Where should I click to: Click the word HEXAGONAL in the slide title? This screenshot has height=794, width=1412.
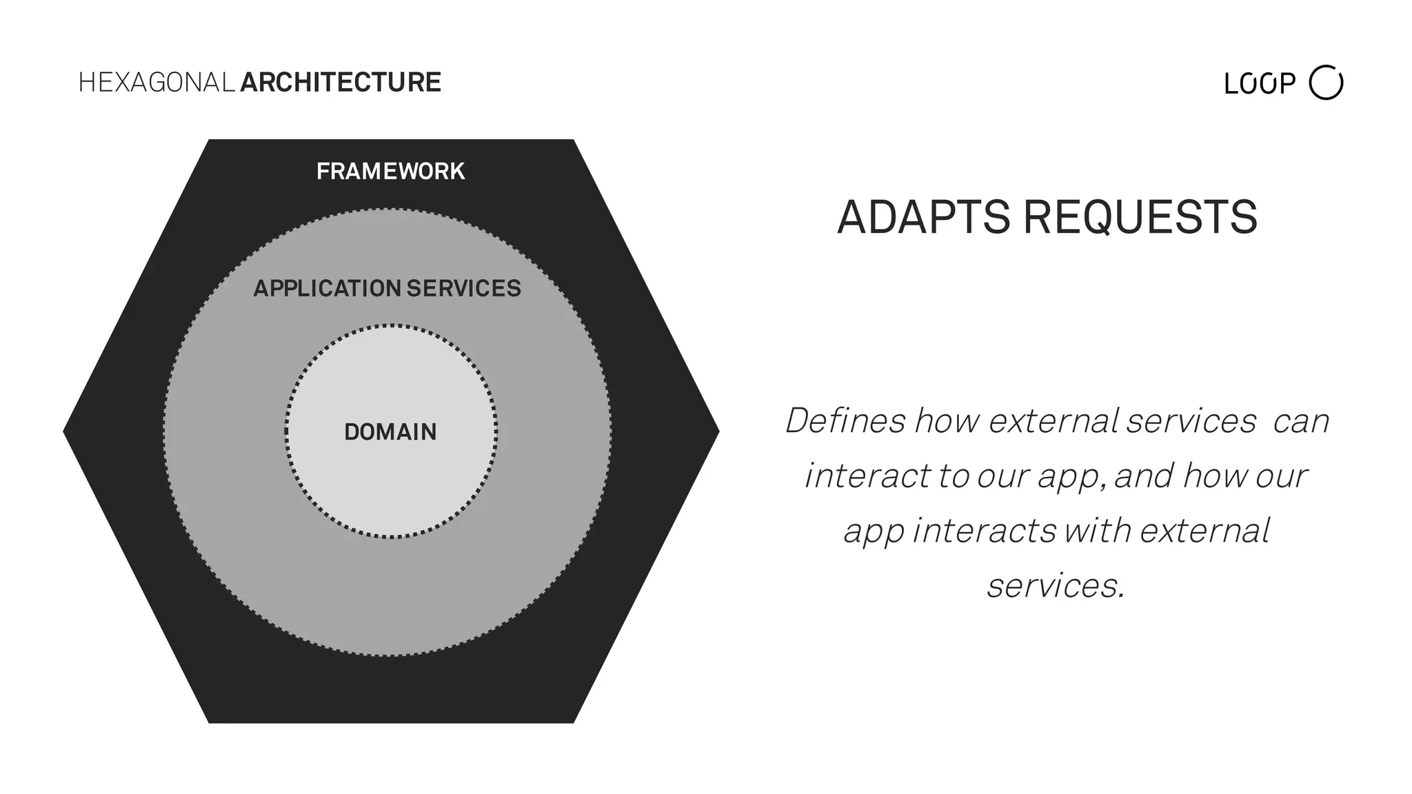[157, 83]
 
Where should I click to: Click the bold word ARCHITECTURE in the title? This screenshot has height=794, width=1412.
[341, 83]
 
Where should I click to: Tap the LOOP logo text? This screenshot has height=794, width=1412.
[1259, 84]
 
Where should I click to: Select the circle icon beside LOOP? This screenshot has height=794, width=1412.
[1326, 83]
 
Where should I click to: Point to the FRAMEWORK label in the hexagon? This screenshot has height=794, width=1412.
[390, 171]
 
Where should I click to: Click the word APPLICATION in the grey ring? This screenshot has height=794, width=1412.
[327, 288]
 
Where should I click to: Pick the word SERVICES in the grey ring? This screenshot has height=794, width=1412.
[464, 288]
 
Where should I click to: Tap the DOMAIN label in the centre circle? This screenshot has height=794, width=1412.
[390, 432]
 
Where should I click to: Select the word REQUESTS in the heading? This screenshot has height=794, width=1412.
[1140, 217]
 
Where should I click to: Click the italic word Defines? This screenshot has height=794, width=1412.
[845, 420]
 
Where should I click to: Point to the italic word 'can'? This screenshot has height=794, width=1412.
[1301, 421]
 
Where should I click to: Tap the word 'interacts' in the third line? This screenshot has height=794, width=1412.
[985, 531]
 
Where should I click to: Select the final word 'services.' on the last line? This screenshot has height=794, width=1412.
[1056, 586]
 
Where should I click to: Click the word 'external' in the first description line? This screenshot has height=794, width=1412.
[1053, 420]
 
